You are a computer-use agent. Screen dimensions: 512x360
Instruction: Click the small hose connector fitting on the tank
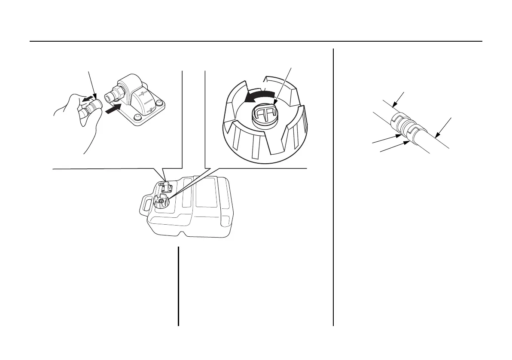tap(166, 186)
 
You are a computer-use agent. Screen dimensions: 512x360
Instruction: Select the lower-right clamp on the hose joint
tap(413, 131)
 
